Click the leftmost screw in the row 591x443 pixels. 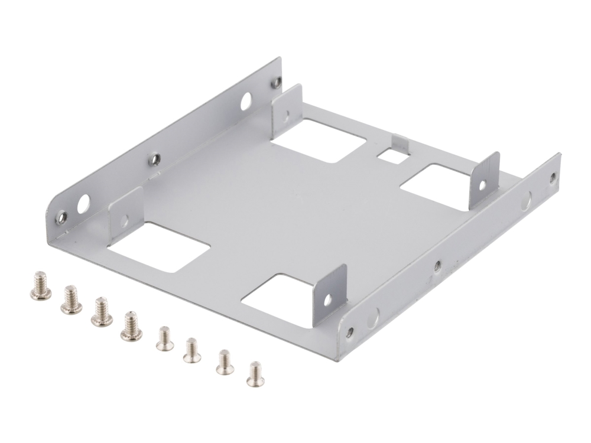40,286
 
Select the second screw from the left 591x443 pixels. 71,301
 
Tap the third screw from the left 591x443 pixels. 102,311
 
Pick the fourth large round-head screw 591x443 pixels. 131,326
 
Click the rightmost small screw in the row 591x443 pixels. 255,374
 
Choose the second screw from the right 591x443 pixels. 225,362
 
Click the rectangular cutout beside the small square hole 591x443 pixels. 320,139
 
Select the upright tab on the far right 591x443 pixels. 484,180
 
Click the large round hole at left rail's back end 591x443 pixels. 245,103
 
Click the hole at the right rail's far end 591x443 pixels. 553,176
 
